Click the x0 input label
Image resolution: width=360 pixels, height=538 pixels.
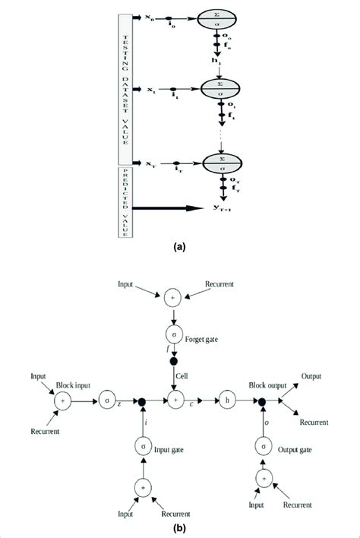pos(149,15)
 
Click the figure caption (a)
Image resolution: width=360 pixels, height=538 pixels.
pos(179,246)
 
